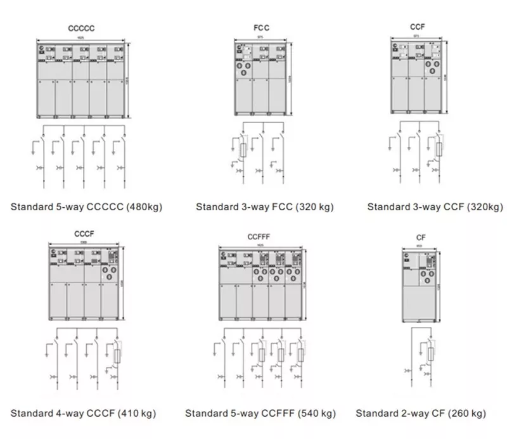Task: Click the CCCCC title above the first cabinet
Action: tap(82, 28)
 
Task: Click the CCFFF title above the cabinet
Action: tap(259, 237)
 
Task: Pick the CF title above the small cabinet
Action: tap(421, 238)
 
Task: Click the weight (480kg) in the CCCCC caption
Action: tap(144, 207)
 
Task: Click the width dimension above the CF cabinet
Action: tap(419, 246)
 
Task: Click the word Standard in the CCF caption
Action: tap(387, 207)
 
